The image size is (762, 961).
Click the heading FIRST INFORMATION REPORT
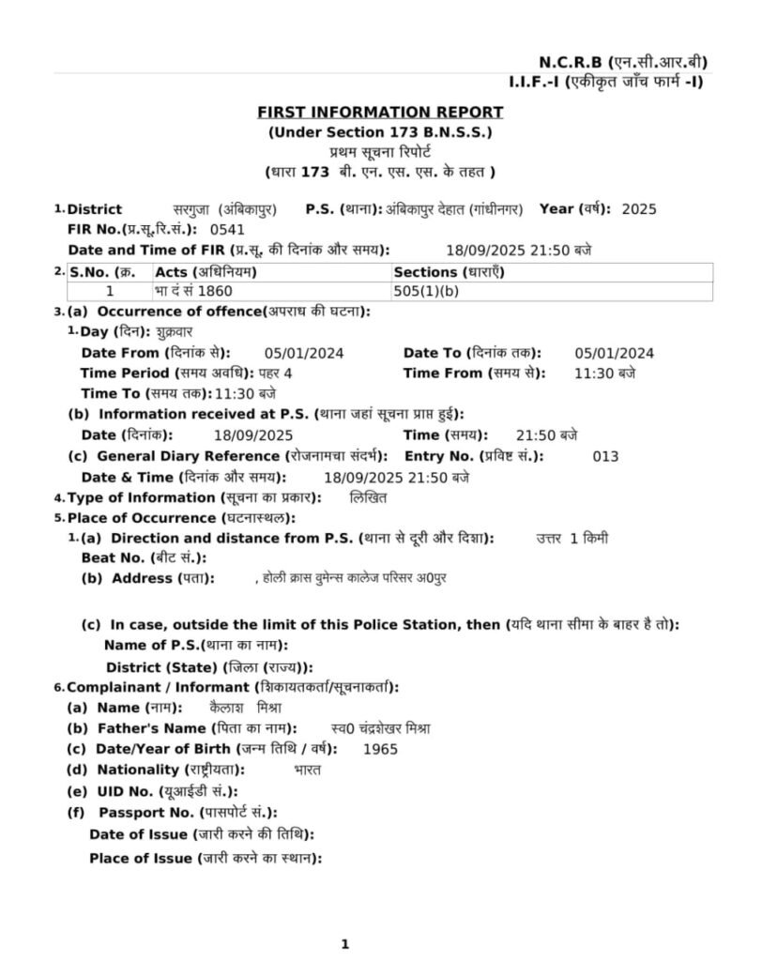click(x=380, y=113)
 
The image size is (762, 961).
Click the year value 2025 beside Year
click(x=640, y=209)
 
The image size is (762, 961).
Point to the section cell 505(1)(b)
click(x=427, y=291)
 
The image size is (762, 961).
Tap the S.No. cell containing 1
click(x=110, y=291)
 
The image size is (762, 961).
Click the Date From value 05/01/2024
click(x=304, y=354)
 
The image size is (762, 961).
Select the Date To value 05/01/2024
click(x=614, y=354)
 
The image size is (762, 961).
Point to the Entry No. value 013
click(x=606, y=457)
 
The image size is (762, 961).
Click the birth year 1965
click(x=380, y=750)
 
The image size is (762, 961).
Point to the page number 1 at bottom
click(x=344, y=944)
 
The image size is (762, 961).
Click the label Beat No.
click(x=111, y=558)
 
